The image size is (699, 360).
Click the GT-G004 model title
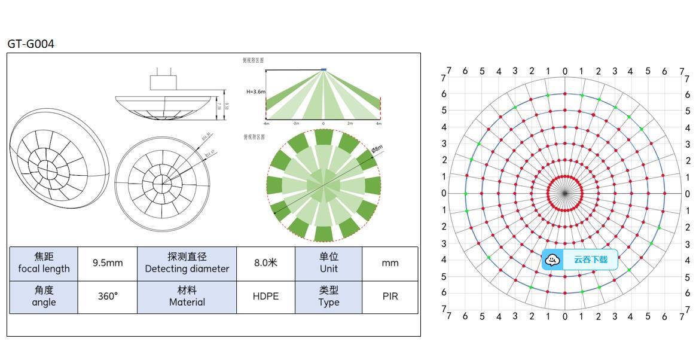(30, 44)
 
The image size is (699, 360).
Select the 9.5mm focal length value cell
(108, 263)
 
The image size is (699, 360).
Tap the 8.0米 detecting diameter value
(265, 263)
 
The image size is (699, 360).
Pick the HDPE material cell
(265, 296)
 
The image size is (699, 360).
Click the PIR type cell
(390, 296)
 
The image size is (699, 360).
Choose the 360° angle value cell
(108, 296)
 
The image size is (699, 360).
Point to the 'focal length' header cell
(44, 263)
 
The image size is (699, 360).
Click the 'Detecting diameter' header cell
(187, 263)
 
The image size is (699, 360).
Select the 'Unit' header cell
(328, 263)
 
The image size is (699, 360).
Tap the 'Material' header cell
(187, 296)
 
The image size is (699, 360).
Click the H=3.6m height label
(255, 92)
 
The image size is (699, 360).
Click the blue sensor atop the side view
(323, 70)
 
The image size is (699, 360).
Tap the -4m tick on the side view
(265, 123)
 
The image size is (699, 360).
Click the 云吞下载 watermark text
(590, 260)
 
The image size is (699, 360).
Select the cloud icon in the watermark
(553, 260)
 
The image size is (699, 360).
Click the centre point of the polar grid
(564, 193)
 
